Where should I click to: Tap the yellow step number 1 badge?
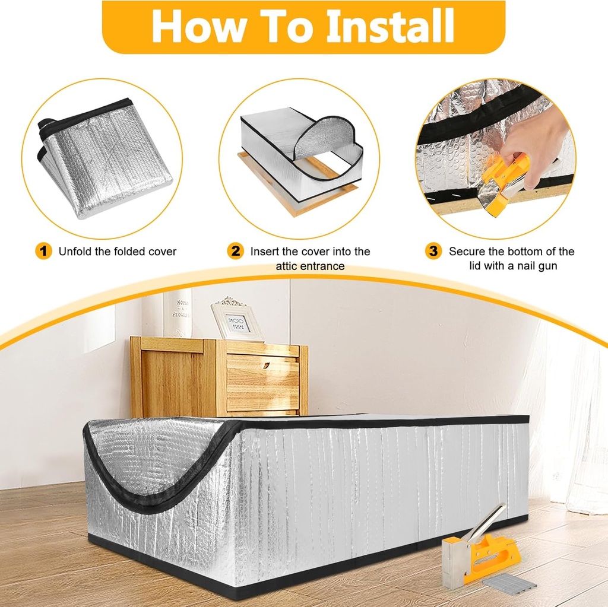click(x=43, y=251)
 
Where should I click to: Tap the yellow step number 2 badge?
click(x=236, y=251)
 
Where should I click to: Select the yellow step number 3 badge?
click(x=433, y=251)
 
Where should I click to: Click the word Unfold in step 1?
click(x=74, y=252)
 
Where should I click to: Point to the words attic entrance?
click(x=310, y=266)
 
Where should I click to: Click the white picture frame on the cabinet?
click(x=237, y=320)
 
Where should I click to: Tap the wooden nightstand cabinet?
click(x=220, y=377)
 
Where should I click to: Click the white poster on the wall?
click(x=178, y=313)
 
